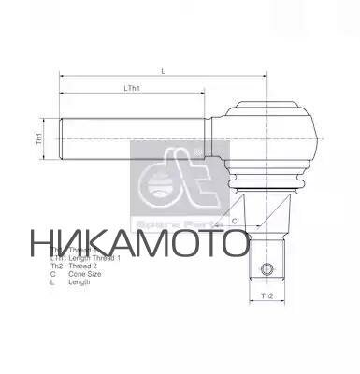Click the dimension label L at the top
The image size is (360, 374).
164,70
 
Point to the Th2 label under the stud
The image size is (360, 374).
266,296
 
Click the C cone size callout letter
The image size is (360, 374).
235,221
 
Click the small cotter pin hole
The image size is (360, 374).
267,270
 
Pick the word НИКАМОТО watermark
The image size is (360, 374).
139,241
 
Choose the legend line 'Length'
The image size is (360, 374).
79,281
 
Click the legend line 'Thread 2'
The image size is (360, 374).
85,266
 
